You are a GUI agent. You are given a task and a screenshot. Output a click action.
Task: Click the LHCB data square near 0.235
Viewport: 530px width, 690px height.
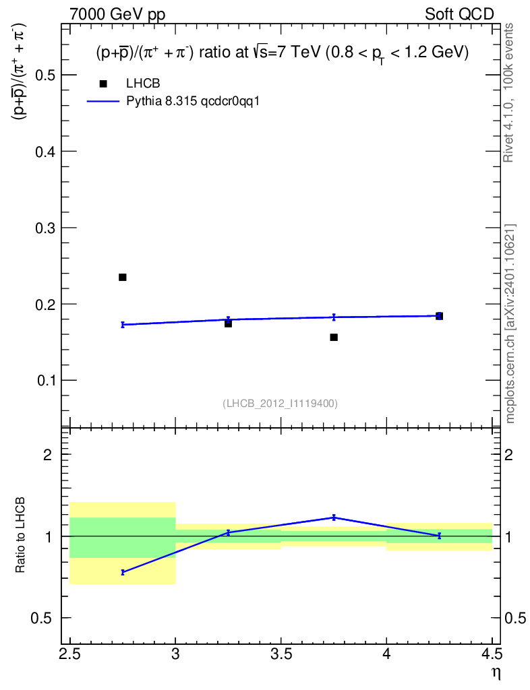[x=122, y=277]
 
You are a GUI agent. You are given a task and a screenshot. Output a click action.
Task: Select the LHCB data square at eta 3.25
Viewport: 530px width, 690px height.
[x=228, y=323]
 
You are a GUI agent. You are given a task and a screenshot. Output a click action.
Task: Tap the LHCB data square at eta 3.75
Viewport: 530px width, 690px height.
[x=334, y=338]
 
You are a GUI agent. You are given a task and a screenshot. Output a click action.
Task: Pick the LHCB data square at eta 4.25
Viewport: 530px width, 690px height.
[x=440, y=316]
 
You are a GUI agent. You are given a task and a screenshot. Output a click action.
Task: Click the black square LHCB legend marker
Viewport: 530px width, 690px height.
[x=103, y=84]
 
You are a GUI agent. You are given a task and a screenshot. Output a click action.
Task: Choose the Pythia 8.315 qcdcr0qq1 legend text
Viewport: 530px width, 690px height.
[x=193, y=101]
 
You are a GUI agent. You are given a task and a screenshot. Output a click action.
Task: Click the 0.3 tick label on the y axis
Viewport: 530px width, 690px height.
[x=45, y=228]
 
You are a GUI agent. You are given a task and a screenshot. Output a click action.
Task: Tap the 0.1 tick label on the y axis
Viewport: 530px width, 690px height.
[x=45, y=380]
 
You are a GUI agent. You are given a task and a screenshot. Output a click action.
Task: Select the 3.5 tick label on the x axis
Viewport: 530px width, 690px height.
[x=281, y=654]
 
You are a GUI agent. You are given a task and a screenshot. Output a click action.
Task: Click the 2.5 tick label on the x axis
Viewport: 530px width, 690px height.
[x=70, y=654]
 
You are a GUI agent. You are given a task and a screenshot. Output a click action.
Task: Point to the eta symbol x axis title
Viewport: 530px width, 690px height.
[x=496, y=673]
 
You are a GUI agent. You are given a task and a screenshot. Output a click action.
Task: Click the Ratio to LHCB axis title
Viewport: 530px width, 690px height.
[x=20, y=535]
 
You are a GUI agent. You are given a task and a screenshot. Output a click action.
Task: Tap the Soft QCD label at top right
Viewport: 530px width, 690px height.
[x=459, y=15]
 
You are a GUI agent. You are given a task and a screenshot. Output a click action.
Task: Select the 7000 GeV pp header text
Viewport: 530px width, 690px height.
[x=117, y=15]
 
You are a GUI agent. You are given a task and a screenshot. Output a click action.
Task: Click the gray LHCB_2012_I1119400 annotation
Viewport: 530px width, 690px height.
[x=281, y=404]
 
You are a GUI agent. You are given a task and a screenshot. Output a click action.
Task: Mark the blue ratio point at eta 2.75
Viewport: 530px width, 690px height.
[x=122, y=573]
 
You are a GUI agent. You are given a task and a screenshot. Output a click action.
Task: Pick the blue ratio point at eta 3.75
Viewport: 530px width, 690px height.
[x=334, y=517]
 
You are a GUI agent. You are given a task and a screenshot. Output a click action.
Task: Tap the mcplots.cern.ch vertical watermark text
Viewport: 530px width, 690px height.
[x=510, y=324]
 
